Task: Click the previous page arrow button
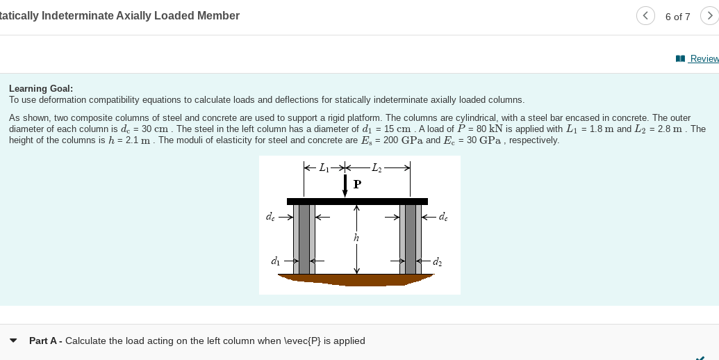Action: (x=645, y=16)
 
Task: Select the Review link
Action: (x=702, y=59)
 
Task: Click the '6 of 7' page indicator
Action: (x=677, y=17)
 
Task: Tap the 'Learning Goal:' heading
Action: (x=41, y=88)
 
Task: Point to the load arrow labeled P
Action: (x=345, y=185)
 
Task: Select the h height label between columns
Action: (x=357, y=238)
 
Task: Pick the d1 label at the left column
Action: (x=276, y=261)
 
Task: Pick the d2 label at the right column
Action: (x=436, y=261)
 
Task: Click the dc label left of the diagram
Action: (x=270, y=217)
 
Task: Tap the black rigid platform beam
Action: (x=357, y=202)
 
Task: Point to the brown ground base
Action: (x=356, y=279)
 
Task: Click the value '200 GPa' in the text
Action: (x=398, y=140)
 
